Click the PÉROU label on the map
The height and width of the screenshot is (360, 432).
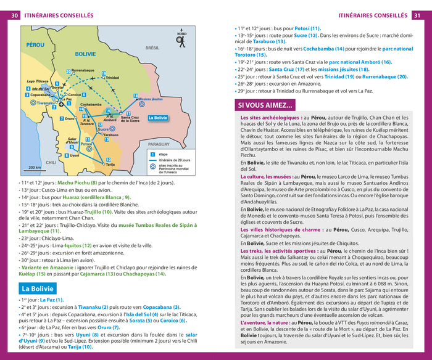coord(36,45)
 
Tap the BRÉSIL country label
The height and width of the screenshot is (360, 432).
coord(152,47)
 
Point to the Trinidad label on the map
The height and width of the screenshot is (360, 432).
coord(112,78)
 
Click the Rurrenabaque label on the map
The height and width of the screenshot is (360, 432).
coord(83,71)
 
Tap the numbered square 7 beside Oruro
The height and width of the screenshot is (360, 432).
coord(61,118)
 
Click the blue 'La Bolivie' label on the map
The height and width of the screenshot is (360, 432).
coord(157,117)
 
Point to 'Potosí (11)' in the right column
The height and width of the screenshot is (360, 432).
coord(307,28)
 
